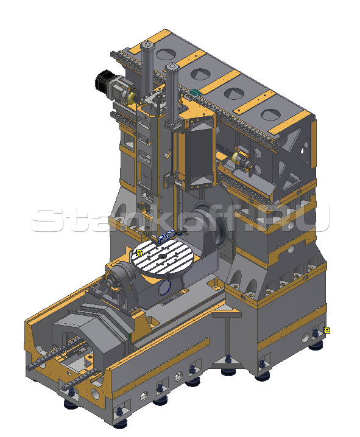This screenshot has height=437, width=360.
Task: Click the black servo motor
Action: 104,80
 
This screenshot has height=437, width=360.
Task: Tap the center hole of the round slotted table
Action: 161,256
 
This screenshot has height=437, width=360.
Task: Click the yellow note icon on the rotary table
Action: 139,253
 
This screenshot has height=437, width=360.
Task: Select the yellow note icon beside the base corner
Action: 327,330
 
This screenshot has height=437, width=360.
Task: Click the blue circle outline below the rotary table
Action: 165,288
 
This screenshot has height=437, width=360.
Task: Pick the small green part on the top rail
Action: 194,93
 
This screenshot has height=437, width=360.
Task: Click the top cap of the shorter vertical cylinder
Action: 172,66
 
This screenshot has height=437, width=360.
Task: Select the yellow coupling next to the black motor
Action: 130,98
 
